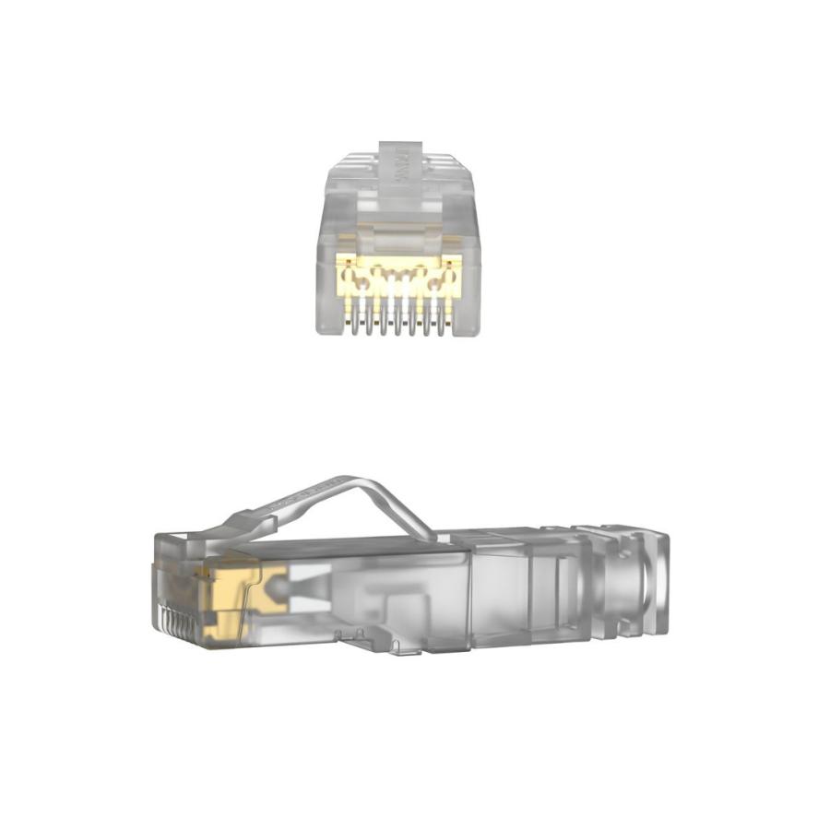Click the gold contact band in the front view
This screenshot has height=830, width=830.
397,277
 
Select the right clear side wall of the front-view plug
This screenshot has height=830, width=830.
469,277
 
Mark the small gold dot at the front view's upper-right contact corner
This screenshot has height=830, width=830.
449,265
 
